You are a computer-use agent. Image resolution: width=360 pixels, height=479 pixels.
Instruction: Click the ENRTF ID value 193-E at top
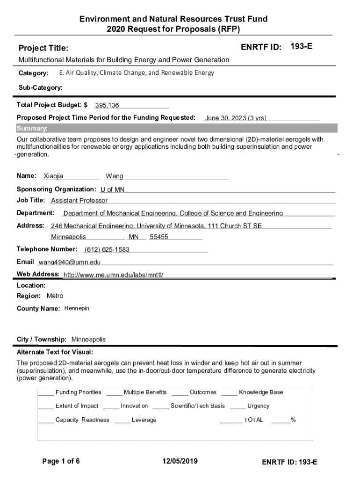pos(302,47)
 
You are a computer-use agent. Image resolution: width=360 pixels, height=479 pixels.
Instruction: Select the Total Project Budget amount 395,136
pos(107,105)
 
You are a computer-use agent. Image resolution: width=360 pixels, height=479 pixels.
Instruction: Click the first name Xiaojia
pos(53,176)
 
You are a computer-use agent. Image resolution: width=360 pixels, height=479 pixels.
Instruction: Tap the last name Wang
pos(115,176)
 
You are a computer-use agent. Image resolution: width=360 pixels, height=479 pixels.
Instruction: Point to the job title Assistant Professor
pos(79,201)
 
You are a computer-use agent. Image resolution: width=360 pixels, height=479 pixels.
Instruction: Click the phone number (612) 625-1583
pos(107,249)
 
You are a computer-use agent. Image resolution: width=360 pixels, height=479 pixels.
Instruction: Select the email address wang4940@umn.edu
pos(69,262)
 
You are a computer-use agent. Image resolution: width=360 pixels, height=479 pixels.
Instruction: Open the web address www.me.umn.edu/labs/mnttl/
pos(113,275)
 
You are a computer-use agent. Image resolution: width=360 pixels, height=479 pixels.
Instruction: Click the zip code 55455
pos(159,237)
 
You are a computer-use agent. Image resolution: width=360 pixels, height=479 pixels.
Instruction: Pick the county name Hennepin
pos(77,309)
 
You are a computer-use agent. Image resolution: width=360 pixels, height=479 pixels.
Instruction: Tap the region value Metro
pos(55,296)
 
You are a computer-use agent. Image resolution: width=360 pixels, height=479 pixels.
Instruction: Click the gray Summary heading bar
pos(177,129)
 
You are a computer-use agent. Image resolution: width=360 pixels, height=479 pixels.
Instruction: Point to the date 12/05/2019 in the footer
pos(180,462)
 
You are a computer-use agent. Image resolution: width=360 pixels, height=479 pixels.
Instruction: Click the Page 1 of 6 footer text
pos(61,462)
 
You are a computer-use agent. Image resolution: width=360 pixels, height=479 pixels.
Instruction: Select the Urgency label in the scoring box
pos(258,406)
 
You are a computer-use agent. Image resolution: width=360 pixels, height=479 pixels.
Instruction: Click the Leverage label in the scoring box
pos(144,420)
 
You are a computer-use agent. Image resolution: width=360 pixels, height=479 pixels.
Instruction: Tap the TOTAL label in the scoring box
pos(253,420)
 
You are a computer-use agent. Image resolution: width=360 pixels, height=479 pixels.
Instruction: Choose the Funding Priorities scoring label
pos(78,392)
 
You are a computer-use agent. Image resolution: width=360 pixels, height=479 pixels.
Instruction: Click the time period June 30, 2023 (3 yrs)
pos(236,118)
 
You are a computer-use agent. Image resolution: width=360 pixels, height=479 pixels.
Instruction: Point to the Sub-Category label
pos(40,87)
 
